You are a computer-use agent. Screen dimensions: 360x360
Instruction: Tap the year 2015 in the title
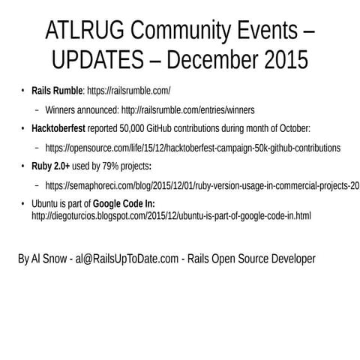coord(278,58)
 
